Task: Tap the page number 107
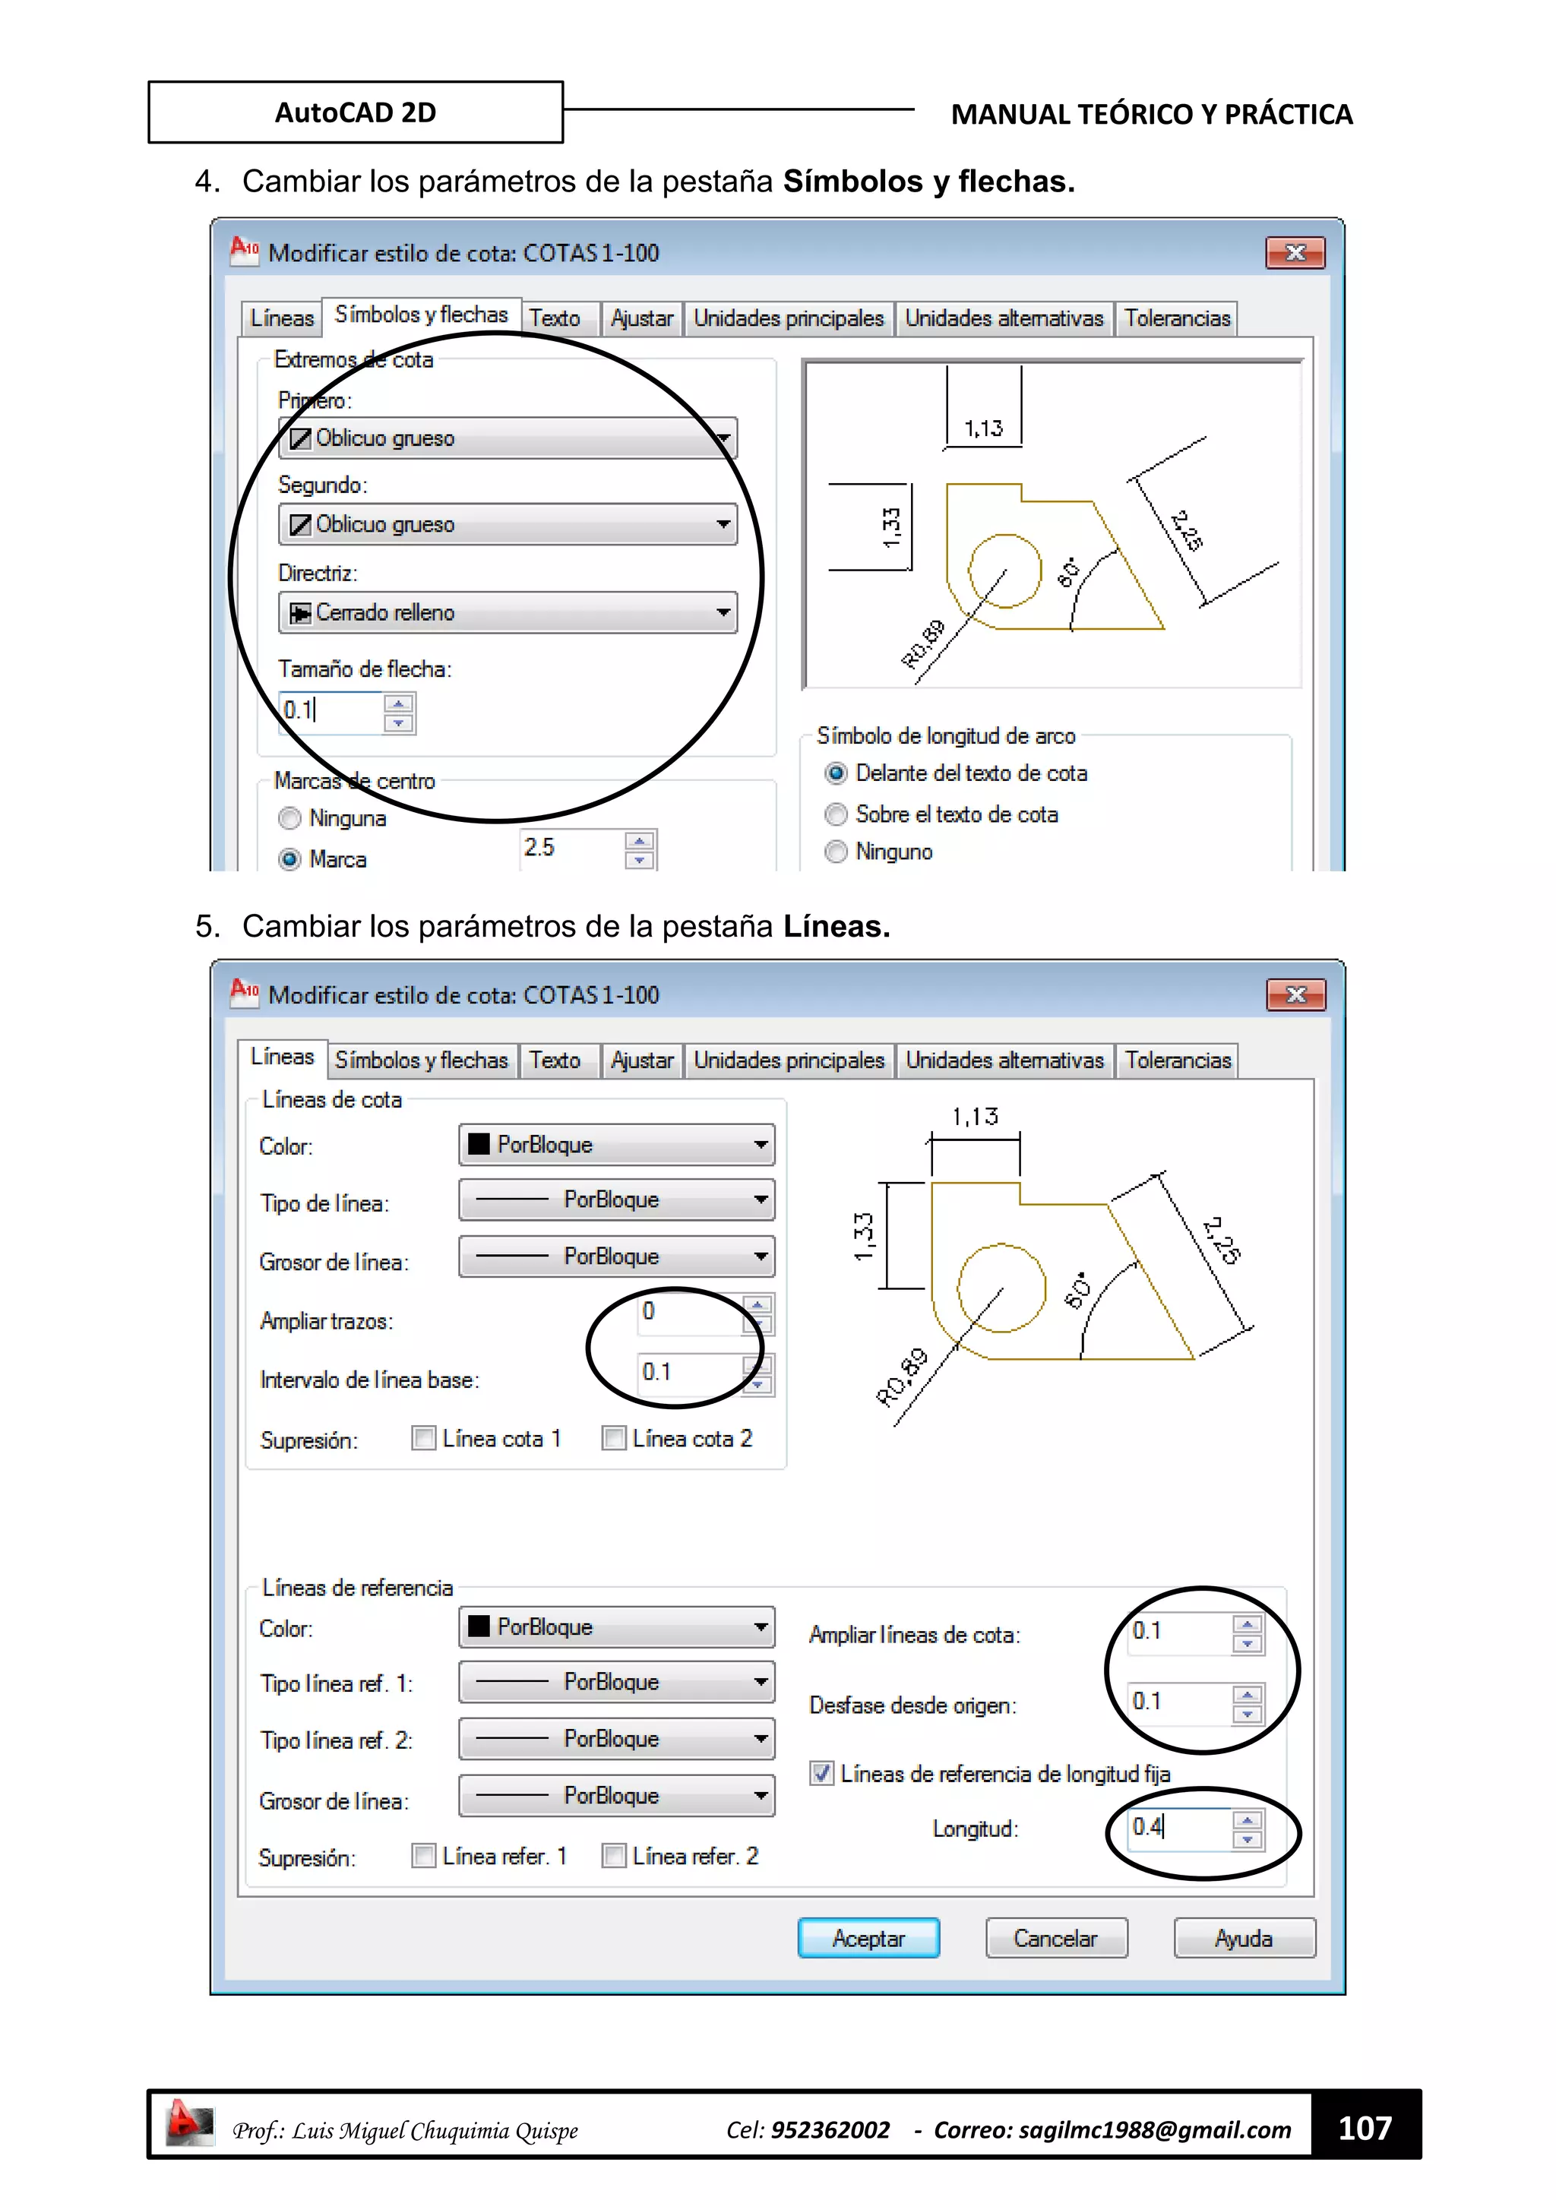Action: tap(1365, 2127)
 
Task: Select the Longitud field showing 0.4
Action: tap(1178, 1827)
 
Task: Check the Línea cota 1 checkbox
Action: tap(423, 1437)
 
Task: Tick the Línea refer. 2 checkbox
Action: tap(613, 1855)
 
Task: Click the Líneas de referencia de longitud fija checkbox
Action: tap(821, 1772)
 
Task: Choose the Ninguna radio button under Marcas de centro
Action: tap(289, 818)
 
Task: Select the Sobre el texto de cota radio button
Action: tap(837, 814)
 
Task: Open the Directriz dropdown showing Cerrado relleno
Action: tap(508, 612)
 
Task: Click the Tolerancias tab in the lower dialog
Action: tap(1177, 1060)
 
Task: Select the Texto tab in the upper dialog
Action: tap(555, 318)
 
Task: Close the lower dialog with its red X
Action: tap(1295, 994)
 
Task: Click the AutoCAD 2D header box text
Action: tap(355, 112)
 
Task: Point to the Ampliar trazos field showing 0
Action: tap(690, 1312)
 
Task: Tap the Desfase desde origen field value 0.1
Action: tap(1178, 1702)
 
